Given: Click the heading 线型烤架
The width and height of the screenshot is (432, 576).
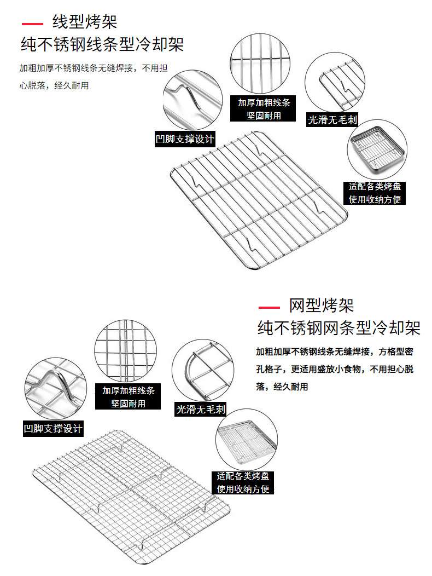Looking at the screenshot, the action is click(85, 22).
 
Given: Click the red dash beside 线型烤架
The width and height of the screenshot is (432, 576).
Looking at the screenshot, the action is click(32, 24).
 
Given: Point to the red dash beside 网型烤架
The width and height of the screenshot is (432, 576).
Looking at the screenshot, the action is click(268, 307).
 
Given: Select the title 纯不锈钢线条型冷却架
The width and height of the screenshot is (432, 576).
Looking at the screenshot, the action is click(102, 44).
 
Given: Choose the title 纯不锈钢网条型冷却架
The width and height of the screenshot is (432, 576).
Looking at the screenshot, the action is click(339, 328).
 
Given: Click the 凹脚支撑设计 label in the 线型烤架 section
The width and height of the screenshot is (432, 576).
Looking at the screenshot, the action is click(185, 139).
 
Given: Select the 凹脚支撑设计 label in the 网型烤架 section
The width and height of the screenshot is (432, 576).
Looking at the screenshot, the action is click(53, 428).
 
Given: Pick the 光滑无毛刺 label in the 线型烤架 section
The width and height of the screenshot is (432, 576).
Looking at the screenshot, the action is click(332, 119).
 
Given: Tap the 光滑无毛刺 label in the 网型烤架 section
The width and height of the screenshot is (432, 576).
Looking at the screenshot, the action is click(201, 409).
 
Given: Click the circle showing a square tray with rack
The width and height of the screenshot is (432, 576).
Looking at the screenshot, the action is click(377, 149).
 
